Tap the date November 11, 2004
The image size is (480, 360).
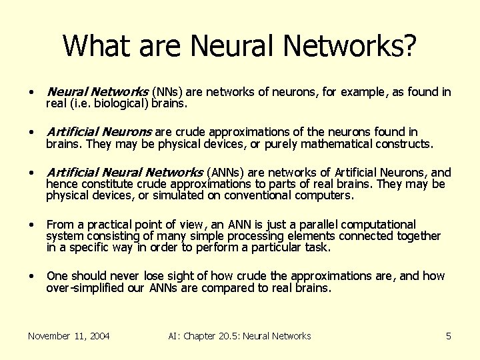click(69, 336)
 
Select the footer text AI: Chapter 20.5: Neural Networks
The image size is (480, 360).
click(239, 336)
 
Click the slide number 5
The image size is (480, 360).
click(449, 336)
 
